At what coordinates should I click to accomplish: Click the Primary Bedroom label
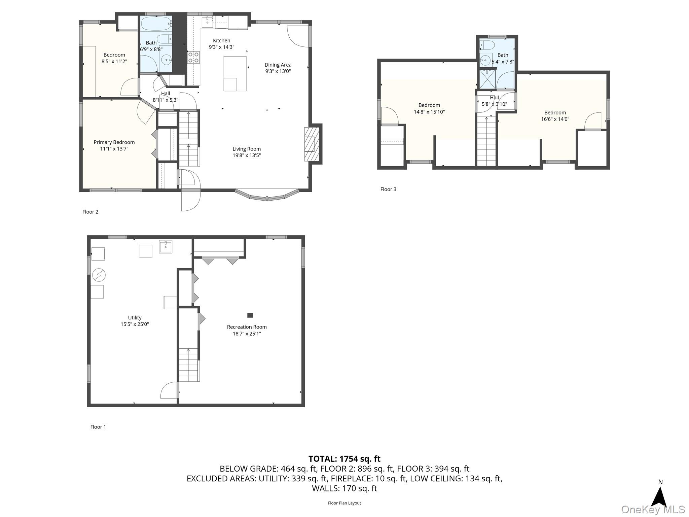click(114, 142)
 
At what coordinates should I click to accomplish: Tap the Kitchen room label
click(221, 40)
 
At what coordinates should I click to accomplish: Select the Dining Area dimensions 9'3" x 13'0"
click(278, 71)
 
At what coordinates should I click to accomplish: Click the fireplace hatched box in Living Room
click(310, 144)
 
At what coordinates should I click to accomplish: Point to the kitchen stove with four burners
click(193, 57)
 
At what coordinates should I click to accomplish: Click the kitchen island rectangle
click(235, 73)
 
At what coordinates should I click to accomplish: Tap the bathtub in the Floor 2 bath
click(156, 24)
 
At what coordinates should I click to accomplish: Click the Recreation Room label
click(247, 327)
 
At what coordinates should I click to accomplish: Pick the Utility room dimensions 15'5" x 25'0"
click(135, 324)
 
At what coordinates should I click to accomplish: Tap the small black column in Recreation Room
click(250, 315)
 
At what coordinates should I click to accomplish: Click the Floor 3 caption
click(388, 189)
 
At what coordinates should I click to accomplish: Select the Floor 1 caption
click(98, 427)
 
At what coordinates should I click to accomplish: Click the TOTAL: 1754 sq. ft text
click(344, 459)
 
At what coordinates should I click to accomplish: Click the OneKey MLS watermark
click(653, 509)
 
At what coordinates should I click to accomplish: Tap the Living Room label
click(247, 149)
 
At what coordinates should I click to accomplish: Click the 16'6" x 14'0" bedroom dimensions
click(555, 119)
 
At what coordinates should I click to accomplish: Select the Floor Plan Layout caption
click(344, 503)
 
